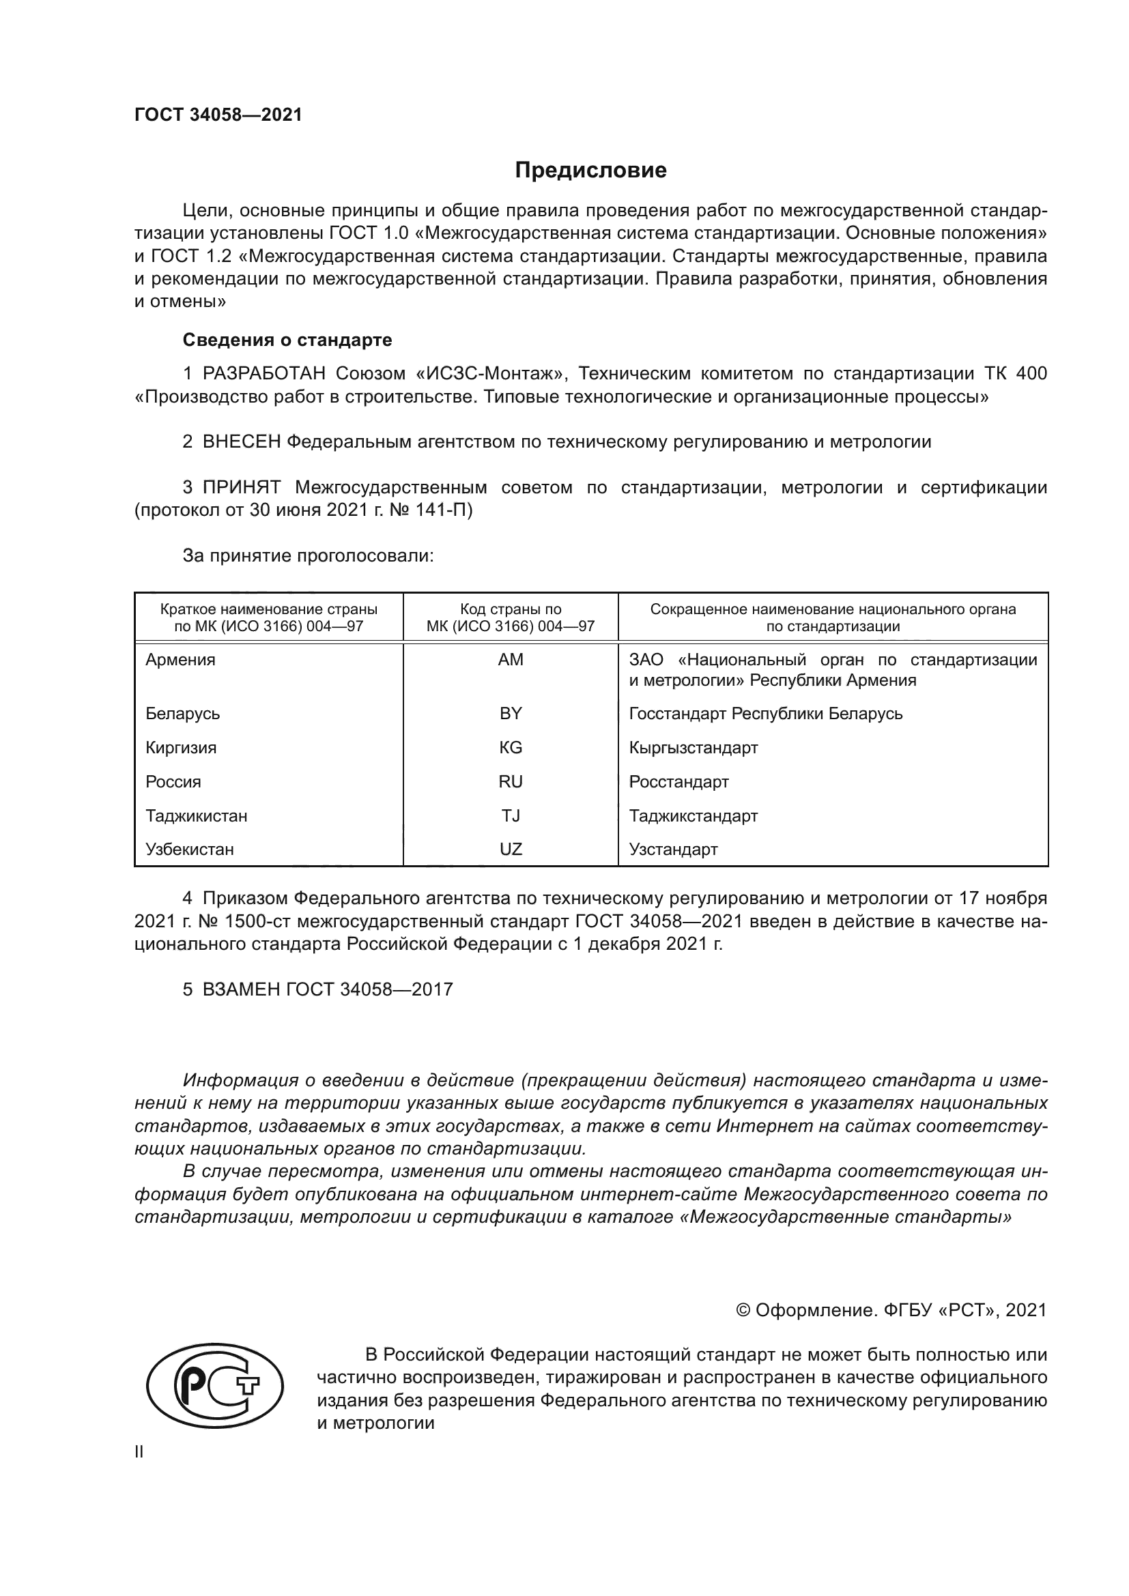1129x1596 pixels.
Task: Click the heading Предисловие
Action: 590,171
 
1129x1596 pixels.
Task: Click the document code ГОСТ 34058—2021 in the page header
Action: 218,115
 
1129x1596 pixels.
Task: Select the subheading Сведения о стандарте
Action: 287,340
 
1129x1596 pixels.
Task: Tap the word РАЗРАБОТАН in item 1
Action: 264,374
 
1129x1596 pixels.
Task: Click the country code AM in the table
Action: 511,660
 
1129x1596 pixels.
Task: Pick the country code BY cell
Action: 511,714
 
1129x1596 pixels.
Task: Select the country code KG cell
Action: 511,748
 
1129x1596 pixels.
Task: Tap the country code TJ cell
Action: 511,815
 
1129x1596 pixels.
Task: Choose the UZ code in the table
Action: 511,850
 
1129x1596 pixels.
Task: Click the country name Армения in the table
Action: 180,660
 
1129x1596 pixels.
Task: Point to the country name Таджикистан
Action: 196,815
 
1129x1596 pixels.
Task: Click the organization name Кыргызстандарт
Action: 693,748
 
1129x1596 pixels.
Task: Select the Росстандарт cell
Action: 678,782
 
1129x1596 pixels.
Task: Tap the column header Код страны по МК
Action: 511,618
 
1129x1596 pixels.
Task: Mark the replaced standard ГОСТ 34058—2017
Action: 369,990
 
